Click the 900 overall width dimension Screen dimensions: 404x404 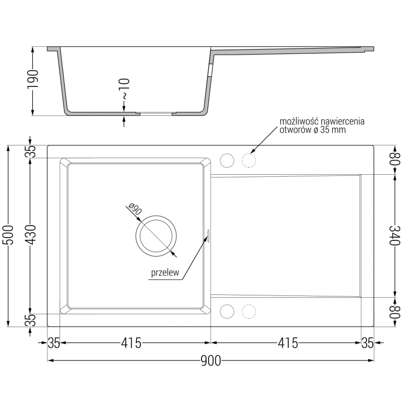pos(211,361)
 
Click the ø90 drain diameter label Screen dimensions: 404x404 pos(134,210)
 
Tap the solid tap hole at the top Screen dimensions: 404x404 pos(227,161)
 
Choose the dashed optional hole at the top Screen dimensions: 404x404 pos(249,161)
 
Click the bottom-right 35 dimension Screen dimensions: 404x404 pos(368,343)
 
